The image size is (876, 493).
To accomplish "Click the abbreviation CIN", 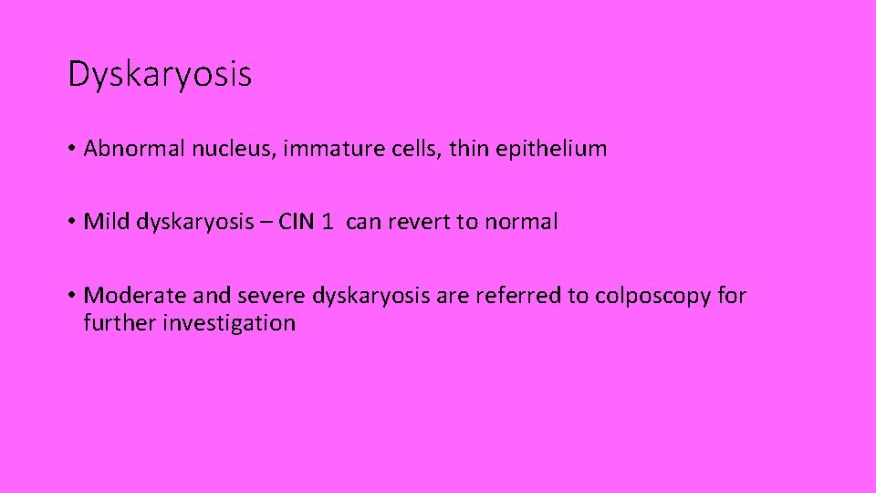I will (296, 222).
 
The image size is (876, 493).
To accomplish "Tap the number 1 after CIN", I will (328, 222).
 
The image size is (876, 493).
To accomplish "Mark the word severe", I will (269, 296).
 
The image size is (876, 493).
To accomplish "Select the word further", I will (120, 322).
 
